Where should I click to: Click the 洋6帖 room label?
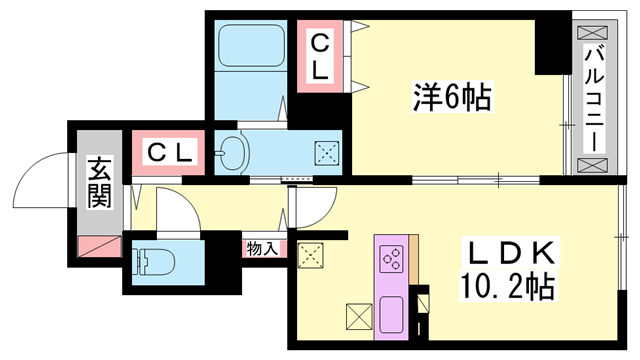pyautogui.click(x=451, y=98)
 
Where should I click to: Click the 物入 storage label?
pyautogui.click(x=263, y=248)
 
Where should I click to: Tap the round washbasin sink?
pyautogui.click(x=232, y=153)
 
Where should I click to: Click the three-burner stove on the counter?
pyautogui.click(x=390, y=259)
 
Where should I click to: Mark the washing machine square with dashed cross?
pyautogui.click(x=327, y=153)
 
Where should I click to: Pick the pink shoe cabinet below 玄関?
pyautogui.click(x=98, y=243)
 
